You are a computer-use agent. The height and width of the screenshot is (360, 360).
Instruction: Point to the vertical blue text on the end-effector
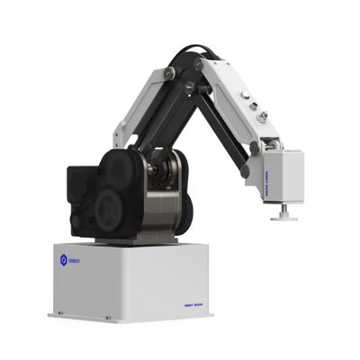click(x=269, y=176)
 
